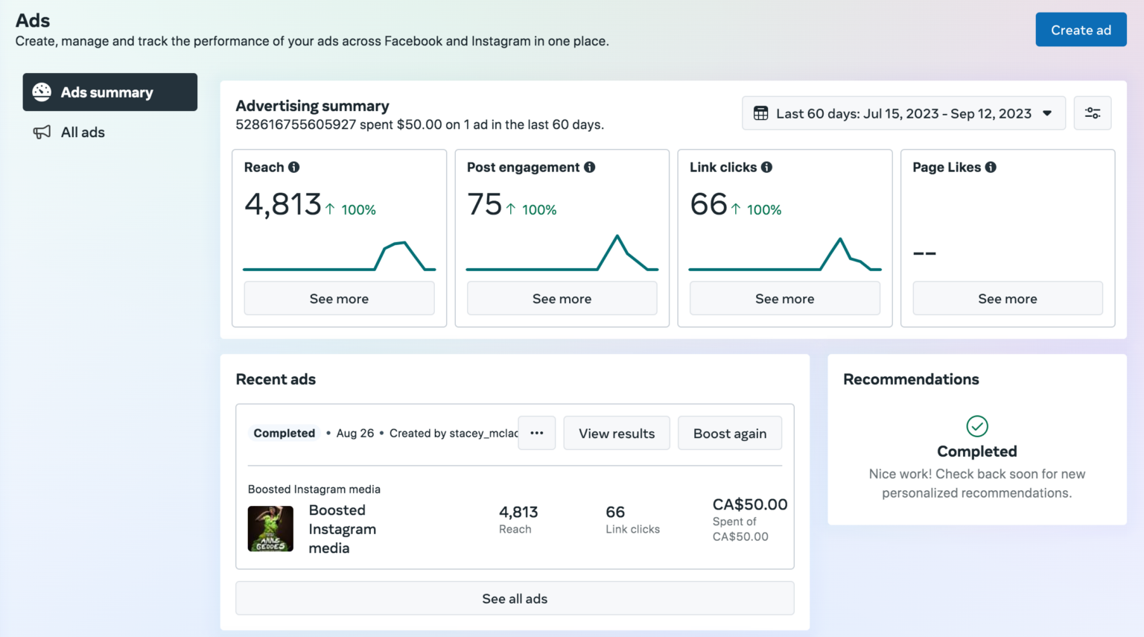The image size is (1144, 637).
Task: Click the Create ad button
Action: (1080, 30)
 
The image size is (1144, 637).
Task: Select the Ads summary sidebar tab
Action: (109, 92)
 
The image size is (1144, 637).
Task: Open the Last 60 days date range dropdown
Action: (903, 113)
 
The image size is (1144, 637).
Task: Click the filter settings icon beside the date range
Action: (1092, 113)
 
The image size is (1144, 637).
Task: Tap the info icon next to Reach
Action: (294, 167)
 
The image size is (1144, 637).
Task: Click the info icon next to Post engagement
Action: (590, 167)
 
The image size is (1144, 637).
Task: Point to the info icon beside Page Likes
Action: (991, 167)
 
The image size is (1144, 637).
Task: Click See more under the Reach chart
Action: (339, 299)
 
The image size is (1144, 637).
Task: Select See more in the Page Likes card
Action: (1007, 299)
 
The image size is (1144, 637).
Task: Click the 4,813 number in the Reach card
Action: (283, 204)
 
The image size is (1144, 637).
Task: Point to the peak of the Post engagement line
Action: (617, 236)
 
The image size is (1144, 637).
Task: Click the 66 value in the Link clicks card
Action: (708, 204)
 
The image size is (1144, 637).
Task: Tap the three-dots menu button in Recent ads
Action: (536, 433)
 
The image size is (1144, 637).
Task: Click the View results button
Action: (617, 434)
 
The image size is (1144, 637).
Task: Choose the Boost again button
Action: (729, 434)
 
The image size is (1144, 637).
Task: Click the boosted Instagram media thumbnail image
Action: (270, 528)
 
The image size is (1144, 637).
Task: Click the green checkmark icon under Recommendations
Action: (976, 426)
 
